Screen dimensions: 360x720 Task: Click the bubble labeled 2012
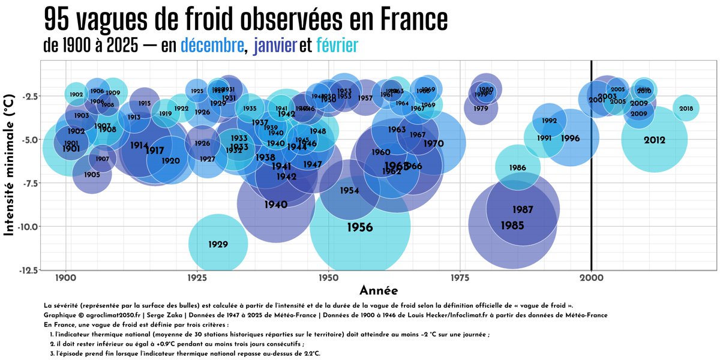pyautogui.click(x=654, y=140)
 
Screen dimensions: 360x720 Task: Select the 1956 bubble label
pyautogui.click(x=360, y=227)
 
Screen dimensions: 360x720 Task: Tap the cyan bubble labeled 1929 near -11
pyautogui.click(x=218, y=244)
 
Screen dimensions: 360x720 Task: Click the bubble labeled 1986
pyautogui.click(x=517, y=168)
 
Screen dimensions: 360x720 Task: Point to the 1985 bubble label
pyautogui.click(x=512, y=226)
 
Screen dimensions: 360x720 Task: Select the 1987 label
pyautogui.click(x=523, y=209)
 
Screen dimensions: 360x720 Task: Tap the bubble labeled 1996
pyautogui.click(x=570, y=139)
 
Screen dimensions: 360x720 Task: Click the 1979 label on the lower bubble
pyautogui.click(x=481, y=109)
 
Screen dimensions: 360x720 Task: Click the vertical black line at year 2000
pyautogui.click(x=592, y=180)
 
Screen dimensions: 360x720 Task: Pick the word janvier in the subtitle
pyautogui.click(x=276, y=45)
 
